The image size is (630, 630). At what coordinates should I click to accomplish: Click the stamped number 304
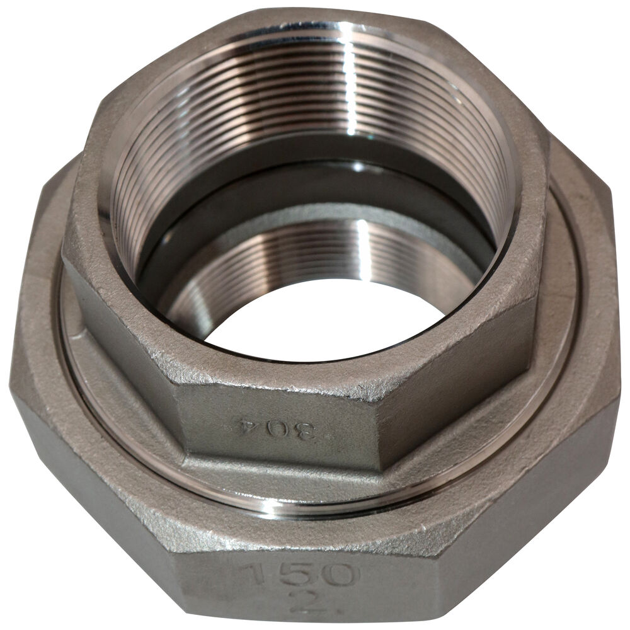click(281, 428)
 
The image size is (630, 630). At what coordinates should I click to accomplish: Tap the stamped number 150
click(300, 575)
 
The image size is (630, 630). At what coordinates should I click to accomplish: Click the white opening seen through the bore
click(318, 318)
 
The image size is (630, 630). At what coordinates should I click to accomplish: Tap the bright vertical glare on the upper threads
click(350, 81)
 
